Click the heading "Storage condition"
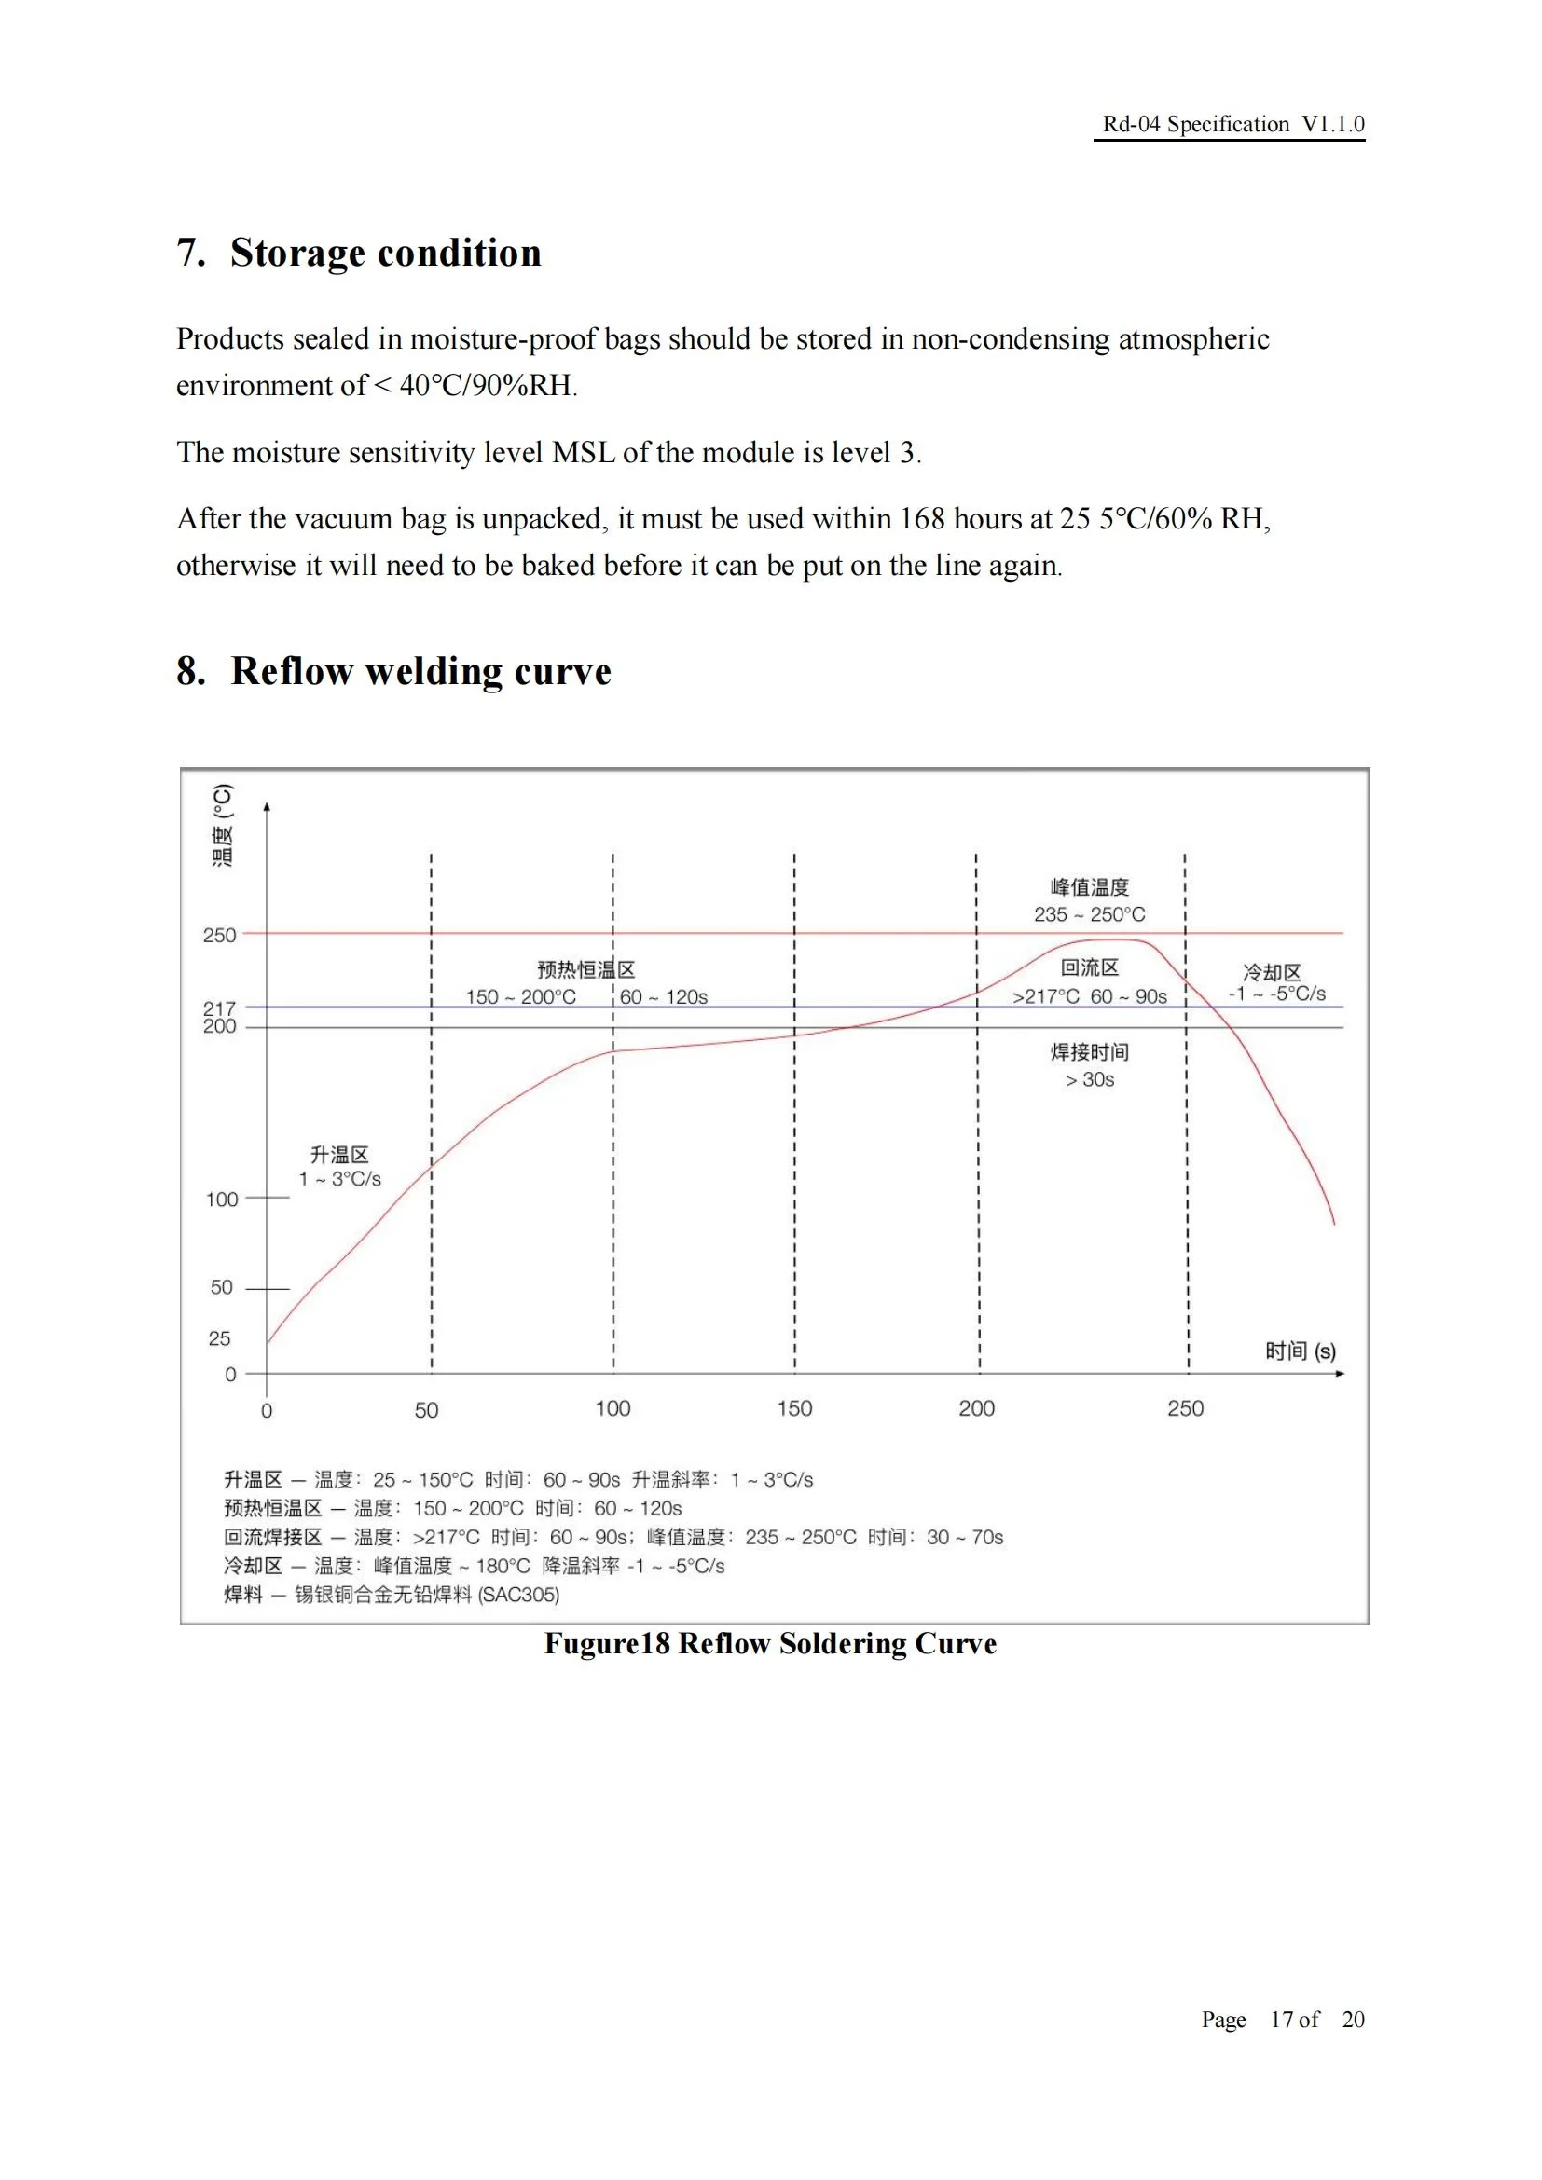pyautogui.click(x=386, y=254)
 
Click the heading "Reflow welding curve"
pyautogui.click(x=420, y=671)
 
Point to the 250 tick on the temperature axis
pyautogui.click(x=219, y=935)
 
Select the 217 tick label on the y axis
pyautogui.click(x=219, y=1008)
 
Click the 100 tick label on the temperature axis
pyautogui.click(x=222, y=1200)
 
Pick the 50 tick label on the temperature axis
pyautogui.click(x=221, y=1287)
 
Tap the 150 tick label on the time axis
pyautogui.click(x=793, y=1408)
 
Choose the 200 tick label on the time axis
pyautogui.click(x=976, y=1408)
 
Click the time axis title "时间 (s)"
pyautogui.click(x=1300, y=1351)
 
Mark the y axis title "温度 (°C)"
pyautogui.click(x=222, y=825)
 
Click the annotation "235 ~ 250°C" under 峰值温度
pyautogui.click(x=1089, y=914)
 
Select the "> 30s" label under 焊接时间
pyautogui.click(x=1089, y=1079)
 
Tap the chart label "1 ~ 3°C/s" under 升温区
pyautogui.click(x=340, y=1179)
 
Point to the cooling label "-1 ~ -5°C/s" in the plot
pyautogui.click(x=1276, y=994)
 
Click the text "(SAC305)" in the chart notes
pyautogui.click(x=518, y=1595)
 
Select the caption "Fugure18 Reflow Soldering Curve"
pyautogui.click(x=770, y=1643)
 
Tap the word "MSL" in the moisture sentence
pyautogui.click(x=583, y=453)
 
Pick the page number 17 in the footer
pyautogui.click(x=1282, y=2020)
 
